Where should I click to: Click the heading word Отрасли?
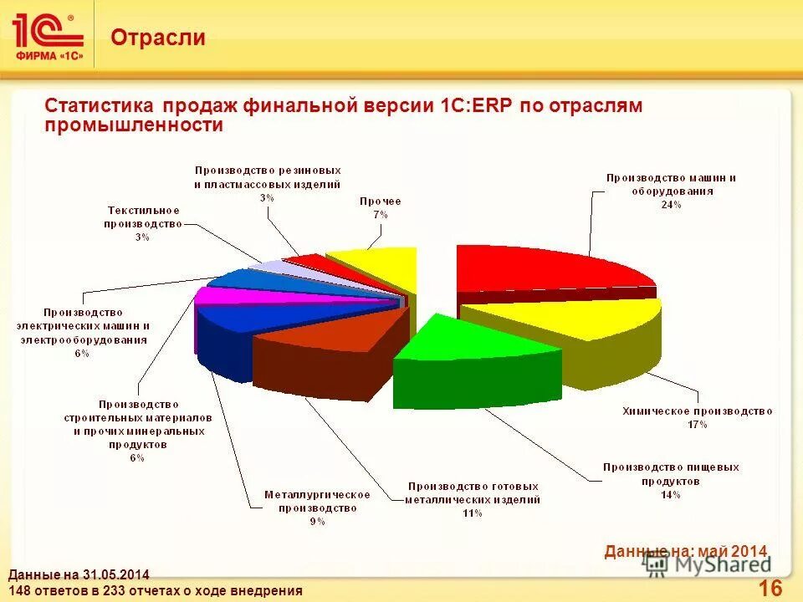(x=158, y=38)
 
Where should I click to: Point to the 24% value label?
(x=670, y=204)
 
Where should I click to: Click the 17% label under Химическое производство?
(x=697, y=425)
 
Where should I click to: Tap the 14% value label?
(x=670, y=494)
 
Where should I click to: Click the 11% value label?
(x=472, y=513)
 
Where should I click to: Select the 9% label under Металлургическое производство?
(x=317, y=521)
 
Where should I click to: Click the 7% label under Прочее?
(x=380, y=214)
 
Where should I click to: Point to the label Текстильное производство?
(x=142, y=217)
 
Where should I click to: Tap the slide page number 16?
(x=770, y=588)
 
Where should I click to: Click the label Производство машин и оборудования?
(x=671, y=184)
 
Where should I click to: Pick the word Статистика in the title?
(x=99, y=107)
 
